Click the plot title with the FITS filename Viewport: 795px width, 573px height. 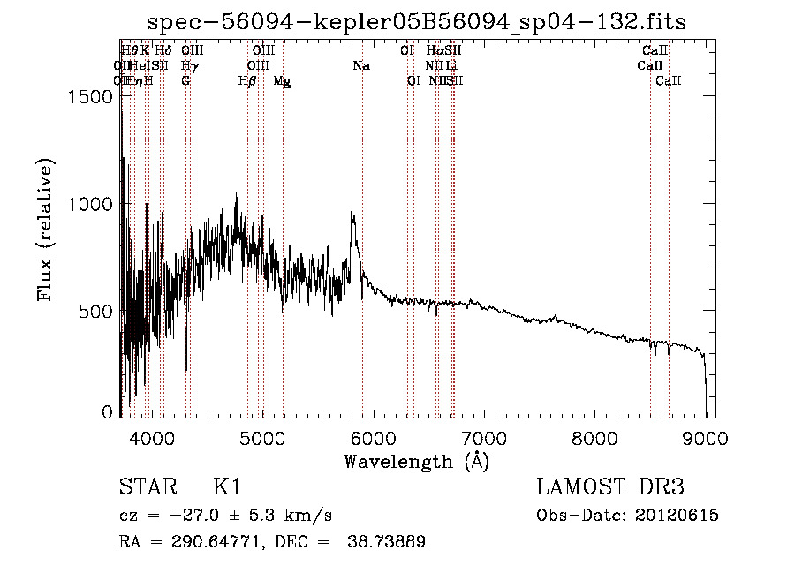[417, 21]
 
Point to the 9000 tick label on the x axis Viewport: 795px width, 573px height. [705, 437]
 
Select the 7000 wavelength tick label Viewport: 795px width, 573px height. [483, 437]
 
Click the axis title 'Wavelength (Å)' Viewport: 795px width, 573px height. [416, 461]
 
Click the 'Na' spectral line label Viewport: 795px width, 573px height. [360, 66]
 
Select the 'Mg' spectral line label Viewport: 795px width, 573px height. [282, 81]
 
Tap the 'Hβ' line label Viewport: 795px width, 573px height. [247, 81]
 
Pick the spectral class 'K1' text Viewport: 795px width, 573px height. [227, 487]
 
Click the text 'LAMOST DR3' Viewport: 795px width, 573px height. [610, 487]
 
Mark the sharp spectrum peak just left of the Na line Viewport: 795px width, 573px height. [352, 213]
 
